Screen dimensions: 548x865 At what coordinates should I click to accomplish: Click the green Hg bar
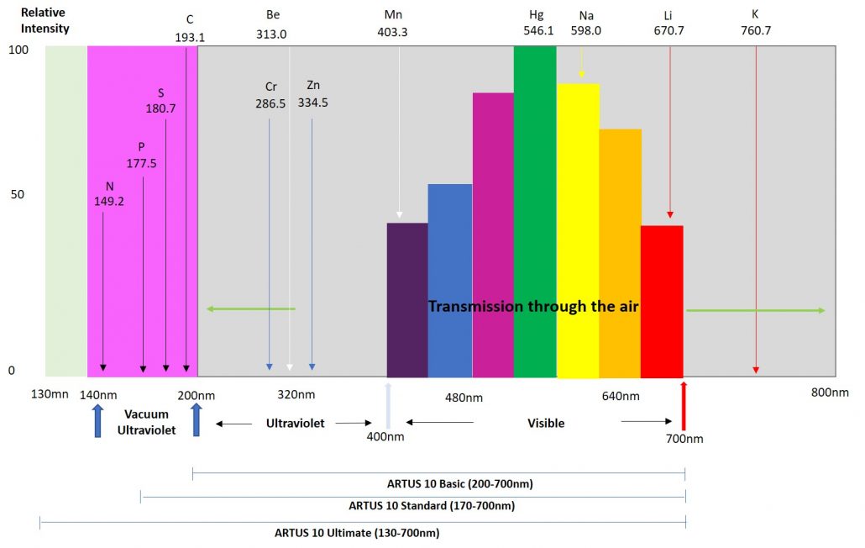pyautogui.click(x=535, y=210)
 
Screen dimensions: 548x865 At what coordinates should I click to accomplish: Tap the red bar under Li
pyautogui.click(x=662, y=269)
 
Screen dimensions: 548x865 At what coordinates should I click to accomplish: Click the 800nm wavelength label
pyautogui.click(x=830, y=393)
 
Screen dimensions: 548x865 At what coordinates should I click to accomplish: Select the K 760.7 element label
pyautogui.click(x=755, y=23)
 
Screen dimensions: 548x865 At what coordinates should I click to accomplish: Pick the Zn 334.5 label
pyautogui.click(x=312, y=94)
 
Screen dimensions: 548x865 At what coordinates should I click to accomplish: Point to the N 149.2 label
pyautogui.click(x=109, y=193)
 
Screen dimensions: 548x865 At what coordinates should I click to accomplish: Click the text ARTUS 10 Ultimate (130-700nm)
pyautogui.click(x=357, y=533)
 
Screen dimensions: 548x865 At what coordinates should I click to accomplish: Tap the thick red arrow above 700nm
pyautogui.click(x=684, y=403)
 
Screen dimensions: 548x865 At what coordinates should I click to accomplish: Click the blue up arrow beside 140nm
pyautogui.click(x=97, y=419)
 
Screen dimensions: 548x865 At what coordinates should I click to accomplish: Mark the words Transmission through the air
pyautogui.click(x=534, y=307)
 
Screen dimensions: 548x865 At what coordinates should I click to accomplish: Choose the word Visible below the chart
pyautogui.click(x=546, y=424)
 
